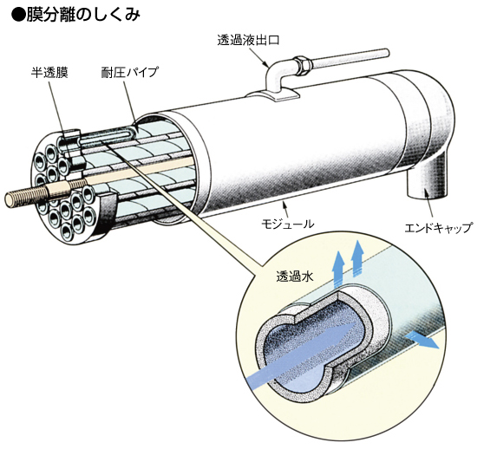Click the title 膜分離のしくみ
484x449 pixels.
pyautogui.click(x=83, y=16)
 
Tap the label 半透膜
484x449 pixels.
pyautogui.click(x=49, y=73)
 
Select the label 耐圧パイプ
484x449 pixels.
pyautogui.click(x=129, y=72)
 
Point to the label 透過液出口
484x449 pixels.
pyautogui.click(x=248, y=40)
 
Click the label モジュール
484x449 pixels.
pyautogui.click(x=288, y=224)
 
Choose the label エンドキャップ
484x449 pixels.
pyautogui.click(x=438, y=228)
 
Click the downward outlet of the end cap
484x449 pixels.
pyautogui.click(x=427, y=183)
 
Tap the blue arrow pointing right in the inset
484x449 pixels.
pyautogui.click(x=422, y=340)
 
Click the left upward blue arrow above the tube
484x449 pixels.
pyautogui.click(x=339, y=267)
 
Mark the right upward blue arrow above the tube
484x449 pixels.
pyautogui.click(x=358, y=258)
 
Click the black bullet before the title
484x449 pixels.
pyautogui.click(x=18, y=16)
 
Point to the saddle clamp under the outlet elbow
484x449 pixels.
pyautogui.click(x=272, y=94)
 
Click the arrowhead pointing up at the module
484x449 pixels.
pyautogui.click(x=285, y=205)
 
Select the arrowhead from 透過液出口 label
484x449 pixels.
pyautogui.click(x=265, y=64)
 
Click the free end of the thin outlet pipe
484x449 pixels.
pyautogui.click(x=385, y=52)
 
